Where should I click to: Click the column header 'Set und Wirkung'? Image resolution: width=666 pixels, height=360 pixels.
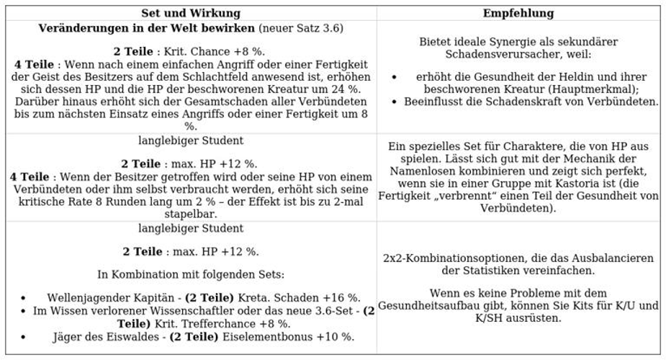(191, 13)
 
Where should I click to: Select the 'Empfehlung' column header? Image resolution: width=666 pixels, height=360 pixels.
(518, 13)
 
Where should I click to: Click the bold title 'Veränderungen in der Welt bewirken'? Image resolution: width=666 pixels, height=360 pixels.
(147, 29)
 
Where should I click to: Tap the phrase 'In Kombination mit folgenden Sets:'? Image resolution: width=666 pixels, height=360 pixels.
(191, 274)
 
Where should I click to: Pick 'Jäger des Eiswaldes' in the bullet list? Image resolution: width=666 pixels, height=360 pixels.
(107, 336)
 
